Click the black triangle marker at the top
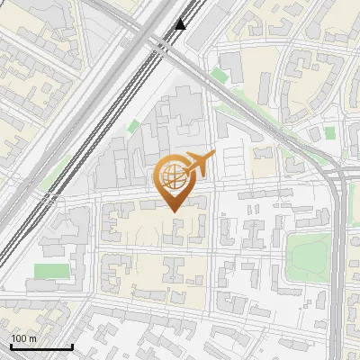click(x=181, y=24)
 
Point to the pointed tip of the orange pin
click(x=172, y=211)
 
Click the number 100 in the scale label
click(x=20, y=338)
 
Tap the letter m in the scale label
click(x=33, y=338)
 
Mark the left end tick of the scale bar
click(x=11, y=346)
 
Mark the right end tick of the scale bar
click(x=72, y=346)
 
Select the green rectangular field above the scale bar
click(x=51, y=271)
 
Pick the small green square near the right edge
click(x=329, y=132)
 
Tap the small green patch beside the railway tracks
click(x=134, y=127)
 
